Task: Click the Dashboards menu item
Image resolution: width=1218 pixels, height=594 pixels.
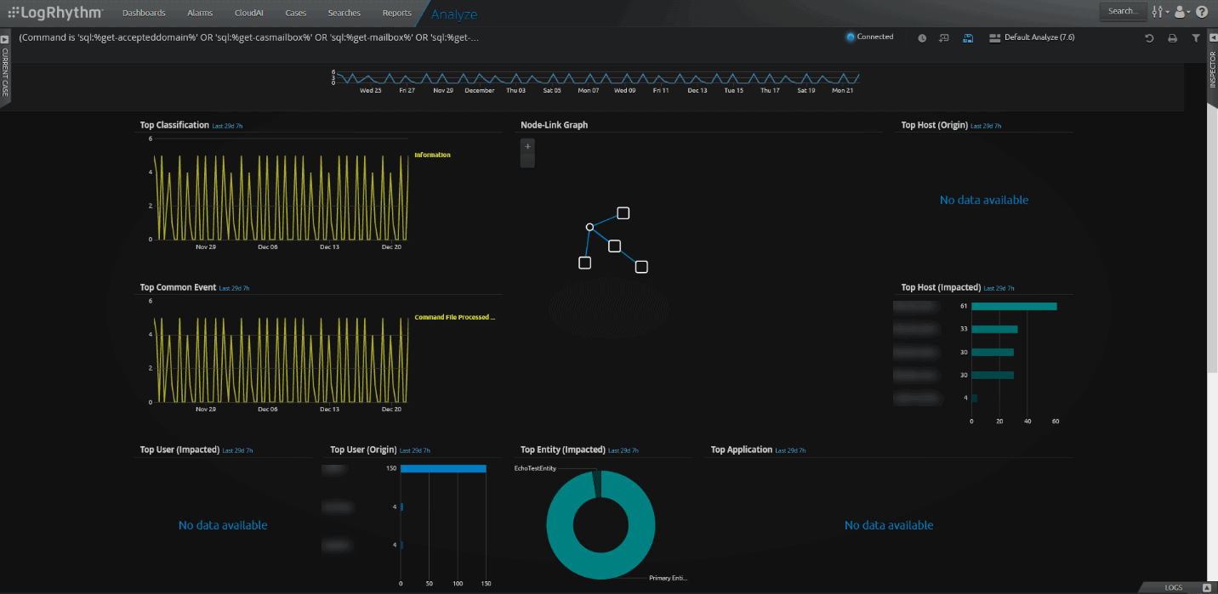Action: pos(144,13)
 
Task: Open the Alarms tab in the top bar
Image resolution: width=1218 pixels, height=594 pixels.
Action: pos(200,13)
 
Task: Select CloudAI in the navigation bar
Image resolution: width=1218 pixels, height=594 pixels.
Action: pos(248,13)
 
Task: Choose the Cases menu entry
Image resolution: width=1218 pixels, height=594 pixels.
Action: pos(296,13)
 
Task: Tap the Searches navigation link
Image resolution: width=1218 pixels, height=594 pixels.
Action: pos(344,13)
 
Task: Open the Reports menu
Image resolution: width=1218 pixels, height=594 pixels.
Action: pos(396,13)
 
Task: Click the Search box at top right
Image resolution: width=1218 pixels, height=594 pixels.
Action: pos(1122,12)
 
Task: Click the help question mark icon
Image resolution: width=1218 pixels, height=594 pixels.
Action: pos(1202,12)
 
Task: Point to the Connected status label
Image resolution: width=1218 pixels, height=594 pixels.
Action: pos(874,37)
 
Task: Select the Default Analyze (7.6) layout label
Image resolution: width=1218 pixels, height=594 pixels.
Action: pos(1039,37)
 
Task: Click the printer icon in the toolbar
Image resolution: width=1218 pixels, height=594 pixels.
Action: pos(1172,38)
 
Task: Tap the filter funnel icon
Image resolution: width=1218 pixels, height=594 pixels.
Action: pos(1195,38)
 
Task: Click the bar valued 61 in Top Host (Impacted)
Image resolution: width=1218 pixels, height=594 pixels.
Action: pos(1014,306)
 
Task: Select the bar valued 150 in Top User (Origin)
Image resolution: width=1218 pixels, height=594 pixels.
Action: pos(443,468)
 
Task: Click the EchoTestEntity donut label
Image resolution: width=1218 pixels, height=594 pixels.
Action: pos(535,468)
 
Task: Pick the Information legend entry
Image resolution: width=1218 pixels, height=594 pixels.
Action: pos(432,155)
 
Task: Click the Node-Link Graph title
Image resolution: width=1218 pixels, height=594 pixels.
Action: pos(554,125)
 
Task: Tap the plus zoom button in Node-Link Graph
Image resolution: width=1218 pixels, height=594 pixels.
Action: pos(527,147)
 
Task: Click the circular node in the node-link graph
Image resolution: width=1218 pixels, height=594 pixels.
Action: pos(589,227)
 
